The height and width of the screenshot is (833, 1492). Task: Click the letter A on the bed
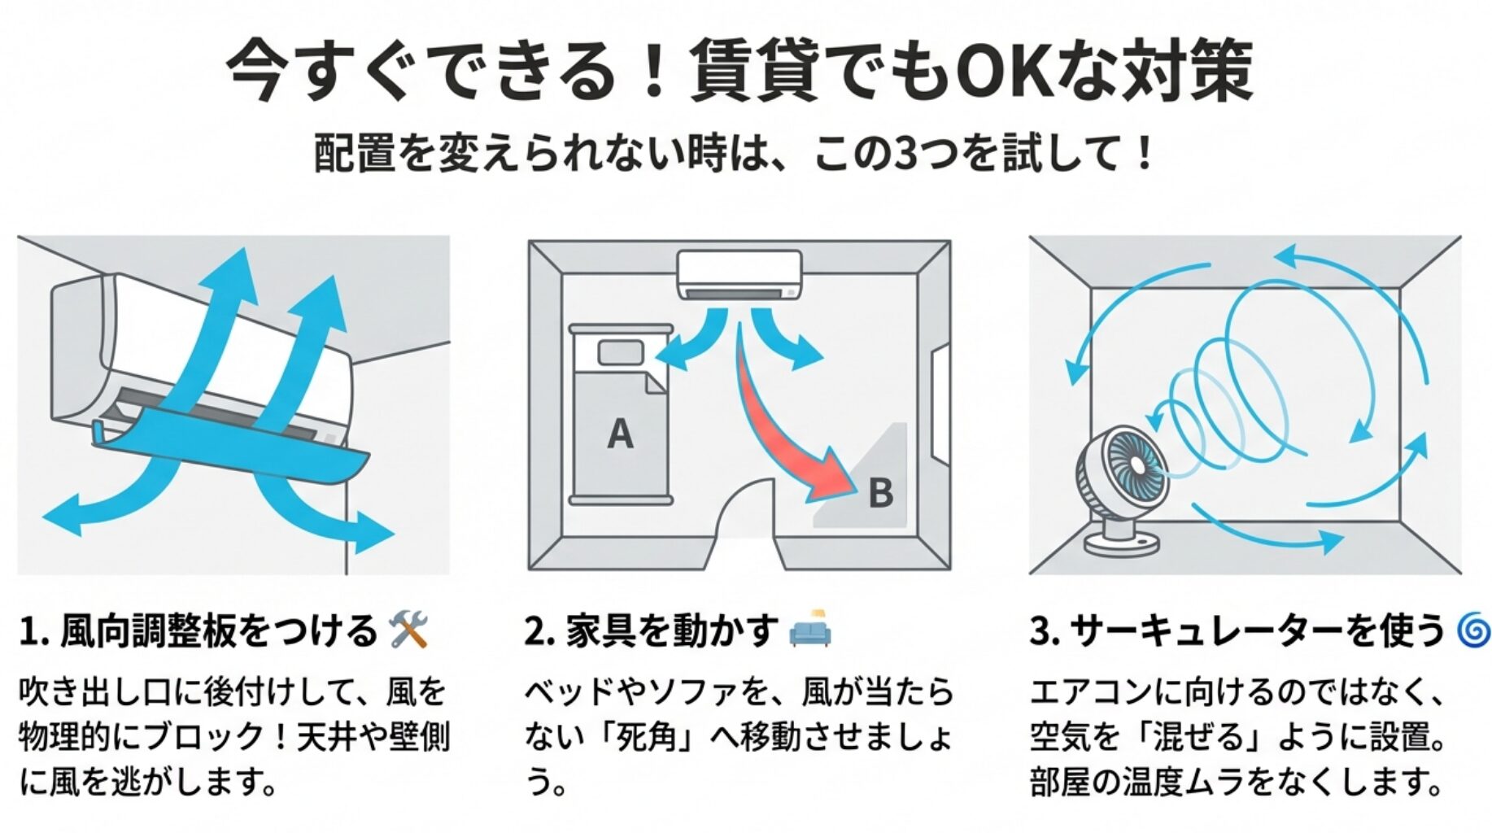620,434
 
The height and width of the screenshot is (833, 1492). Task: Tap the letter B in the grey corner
880,493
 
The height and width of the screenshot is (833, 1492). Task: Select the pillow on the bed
621,352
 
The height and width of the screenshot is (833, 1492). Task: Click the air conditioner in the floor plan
739,275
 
